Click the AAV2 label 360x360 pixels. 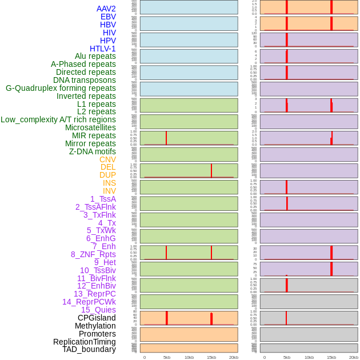[x=106, y=9]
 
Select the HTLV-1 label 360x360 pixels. [x=102, y=49]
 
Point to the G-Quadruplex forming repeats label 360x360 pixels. [x=61, y=88]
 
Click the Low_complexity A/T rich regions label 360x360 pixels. [x=58, y=119]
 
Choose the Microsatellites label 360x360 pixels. [x=90, y=127]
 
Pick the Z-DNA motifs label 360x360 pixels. [x=92, y=151]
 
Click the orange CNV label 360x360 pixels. [x=107, y=159]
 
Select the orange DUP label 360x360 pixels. [x=107, y=175]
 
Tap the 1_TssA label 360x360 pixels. [x=103, y=199]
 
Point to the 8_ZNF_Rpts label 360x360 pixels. [x=93, y=254]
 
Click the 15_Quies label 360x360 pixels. [x=98, y=310]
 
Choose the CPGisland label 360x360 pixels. [x=97, y=318]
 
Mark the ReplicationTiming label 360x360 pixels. [x=85, y=342]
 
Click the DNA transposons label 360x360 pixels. [x=85, y=80]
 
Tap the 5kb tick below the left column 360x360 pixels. [x=167, y=357]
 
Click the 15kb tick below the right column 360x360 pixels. [x=331, y=357]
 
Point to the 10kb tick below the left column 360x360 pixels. [x=189, y=357]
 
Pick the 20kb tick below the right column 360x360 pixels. [x=354, y=357]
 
